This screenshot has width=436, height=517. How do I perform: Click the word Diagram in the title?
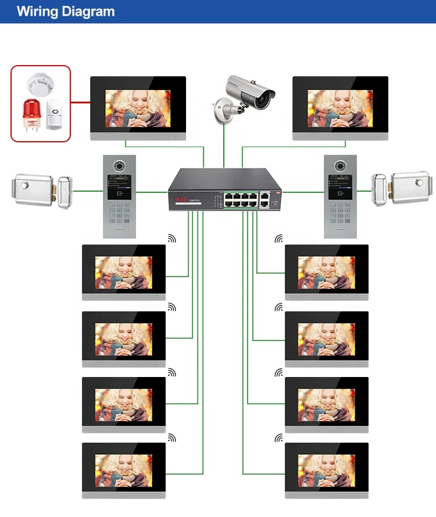pyautogui.click(x=87, y=12)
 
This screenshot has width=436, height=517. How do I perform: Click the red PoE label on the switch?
pyautogui.click(x=180, y=199)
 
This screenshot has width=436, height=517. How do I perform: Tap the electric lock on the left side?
pyautogui.click(x=38, y=190)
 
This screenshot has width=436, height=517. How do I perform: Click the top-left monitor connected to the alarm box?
pyautogui.click(x=138, y=108)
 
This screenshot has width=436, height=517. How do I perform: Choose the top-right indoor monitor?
pyautogui.click(x=340, y=108)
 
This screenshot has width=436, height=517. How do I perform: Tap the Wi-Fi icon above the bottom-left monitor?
pyautogui.click(x=171, y=437)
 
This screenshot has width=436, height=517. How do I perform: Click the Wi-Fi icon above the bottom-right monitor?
pyautogui.click(x=280, y=437)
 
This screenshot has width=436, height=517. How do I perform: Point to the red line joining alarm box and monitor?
pyautogui.click(x=80, y=102)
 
